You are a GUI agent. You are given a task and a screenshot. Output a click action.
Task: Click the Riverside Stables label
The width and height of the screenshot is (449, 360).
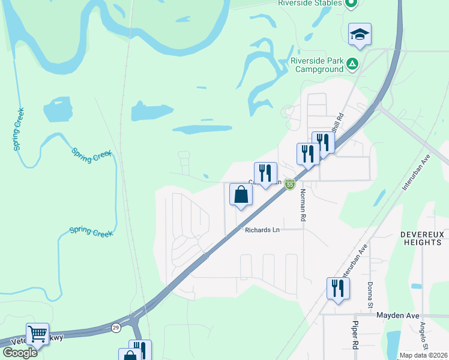(x=310, y=3)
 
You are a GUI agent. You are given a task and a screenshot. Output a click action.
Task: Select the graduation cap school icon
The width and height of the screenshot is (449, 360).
(x=360, y=35)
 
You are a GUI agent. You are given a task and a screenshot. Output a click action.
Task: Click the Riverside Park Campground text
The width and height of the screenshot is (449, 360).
(x=316, y=65)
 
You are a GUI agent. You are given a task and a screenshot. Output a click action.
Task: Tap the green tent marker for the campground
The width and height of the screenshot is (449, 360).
(x=352, y=62)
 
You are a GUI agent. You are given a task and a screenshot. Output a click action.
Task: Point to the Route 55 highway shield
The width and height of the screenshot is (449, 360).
(x=290, y=184)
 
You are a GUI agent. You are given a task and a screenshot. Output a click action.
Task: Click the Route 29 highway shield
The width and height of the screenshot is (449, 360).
(x=116, y=328)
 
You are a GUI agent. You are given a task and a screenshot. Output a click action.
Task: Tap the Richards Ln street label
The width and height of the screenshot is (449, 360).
(x=262, y=230)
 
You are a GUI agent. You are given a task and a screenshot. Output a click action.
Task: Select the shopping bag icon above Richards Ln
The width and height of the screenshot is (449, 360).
(x=241, y=195)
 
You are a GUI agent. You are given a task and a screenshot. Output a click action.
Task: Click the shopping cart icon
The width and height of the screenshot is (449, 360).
(x=37, y=333)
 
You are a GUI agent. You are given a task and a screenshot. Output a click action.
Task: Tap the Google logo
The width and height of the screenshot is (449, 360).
(x=20, y=353)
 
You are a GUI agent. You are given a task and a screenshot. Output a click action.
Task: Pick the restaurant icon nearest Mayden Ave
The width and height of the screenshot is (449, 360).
(x=338, y=289)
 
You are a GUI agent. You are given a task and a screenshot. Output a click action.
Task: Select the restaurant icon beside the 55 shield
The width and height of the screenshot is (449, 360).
(x=265, y=174)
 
